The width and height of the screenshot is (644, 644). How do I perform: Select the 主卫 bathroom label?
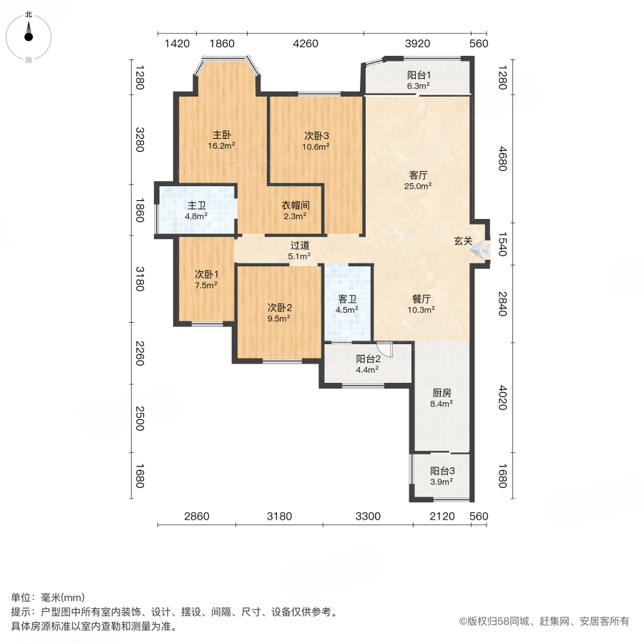click(x=197, y=204)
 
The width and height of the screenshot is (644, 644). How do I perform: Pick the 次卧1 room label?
click(x=207, y=274)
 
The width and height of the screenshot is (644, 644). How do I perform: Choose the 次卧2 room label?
click(x=279, y=308)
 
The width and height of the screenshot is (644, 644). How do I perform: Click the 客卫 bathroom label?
click(x=347, y=299)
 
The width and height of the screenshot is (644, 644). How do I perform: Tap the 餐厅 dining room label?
click(x=421, y=299)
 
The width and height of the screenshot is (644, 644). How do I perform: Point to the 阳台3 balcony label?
click(x=442, y=471)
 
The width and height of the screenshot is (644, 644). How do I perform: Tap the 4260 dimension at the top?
click(x=306, y=44)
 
